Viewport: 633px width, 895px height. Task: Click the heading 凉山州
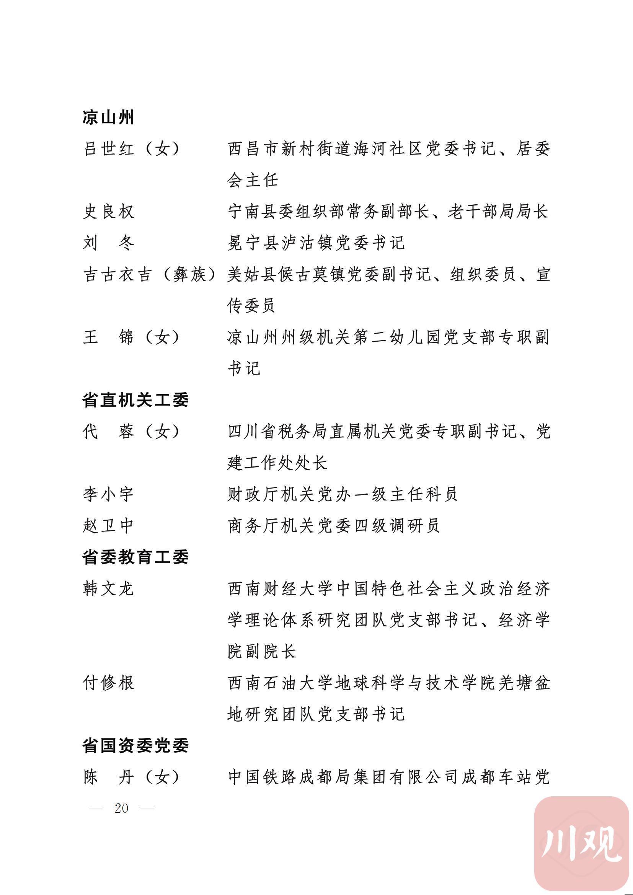point(108,117)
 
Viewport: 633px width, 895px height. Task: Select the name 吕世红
point(109,149)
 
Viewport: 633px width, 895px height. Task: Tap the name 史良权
point(108,212)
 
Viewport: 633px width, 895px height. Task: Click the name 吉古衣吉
point(117,275)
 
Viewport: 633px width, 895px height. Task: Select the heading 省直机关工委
point(135,400)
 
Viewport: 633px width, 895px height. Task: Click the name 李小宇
point(108,495)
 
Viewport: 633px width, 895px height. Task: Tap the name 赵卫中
point(108,526)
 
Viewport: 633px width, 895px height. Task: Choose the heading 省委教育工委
point(135,558)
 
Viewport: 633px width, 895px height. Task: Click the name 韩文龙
point(108,589)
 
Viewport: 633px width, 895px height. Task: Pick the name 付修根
point(108,683)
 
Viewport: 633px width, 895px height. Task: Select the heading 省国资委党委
point(135,746)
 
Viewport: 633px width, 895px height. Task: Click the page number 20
point(122,808)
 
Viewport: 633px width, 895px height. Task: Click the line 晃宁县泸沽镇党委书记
point(316,243)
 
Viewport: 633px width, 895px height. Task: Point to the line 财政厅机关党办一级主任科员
point(343,495)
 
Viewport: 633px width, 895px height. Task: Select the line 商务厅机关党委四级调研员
point(334,526)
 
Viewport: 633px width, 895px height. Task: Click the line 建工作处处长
point(277,463)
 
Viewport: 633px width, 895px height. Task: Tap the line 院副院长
point(262,652)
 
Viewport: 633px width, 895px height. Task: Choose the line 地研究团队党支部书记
point(316,714)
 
